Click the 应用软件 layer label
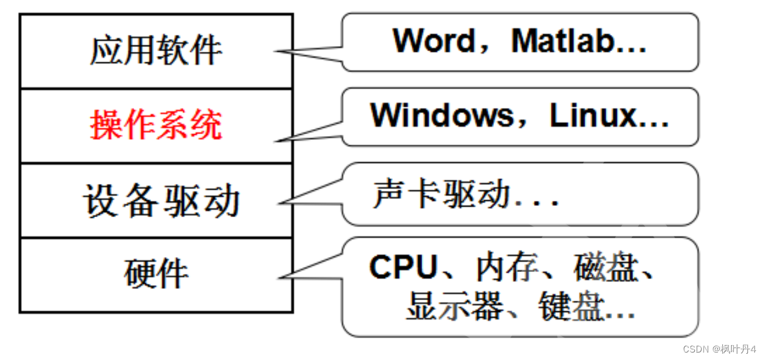[x=156, y=51]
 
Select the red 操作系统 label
[x=156, y=126]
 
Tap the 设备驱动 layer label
[x=161, y=201]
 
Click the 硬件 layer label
[x=156, y=274]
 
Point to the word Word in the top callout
[x=434, y=41]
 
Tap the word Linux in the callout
[x=593, y=116]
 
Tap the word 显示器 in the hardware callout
[x=453, y=308]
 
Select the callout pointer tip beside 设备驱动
[x=278, y=202]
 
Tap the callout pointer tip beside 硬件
[x=278, y=277]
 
